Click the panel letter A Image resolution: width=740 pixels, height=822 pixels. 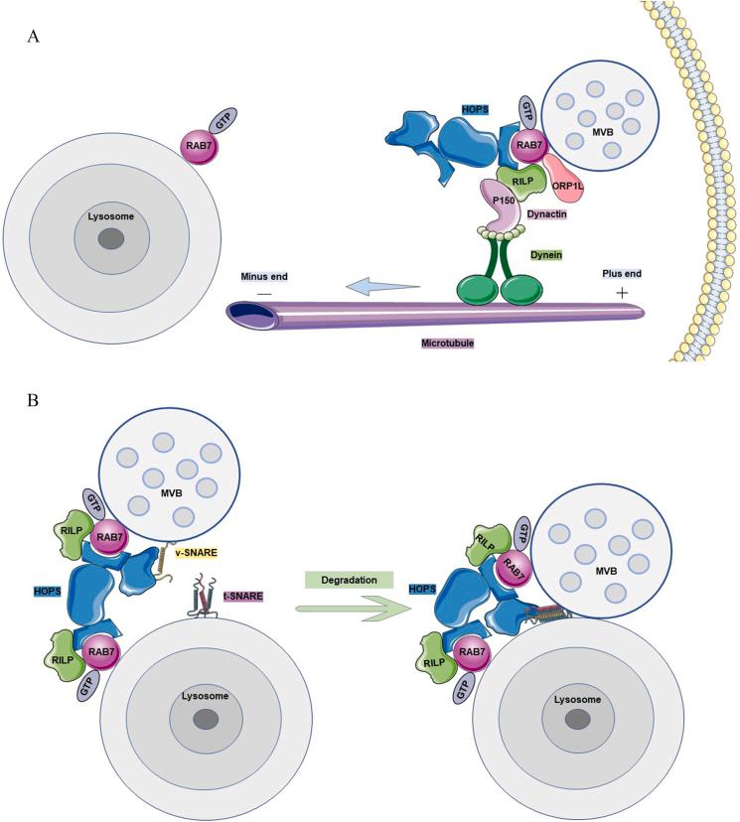35,37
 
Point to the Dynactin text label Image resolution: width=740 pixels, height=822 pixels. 558,212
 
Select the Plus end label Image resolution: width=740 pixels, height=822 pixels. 623,271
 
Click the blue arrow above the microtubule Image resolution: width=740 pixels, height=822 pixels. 382,288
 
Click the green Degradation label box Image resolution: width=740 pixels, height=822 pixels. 350,577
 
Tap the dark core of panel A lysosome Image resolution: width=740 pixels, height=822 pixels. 110,238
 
